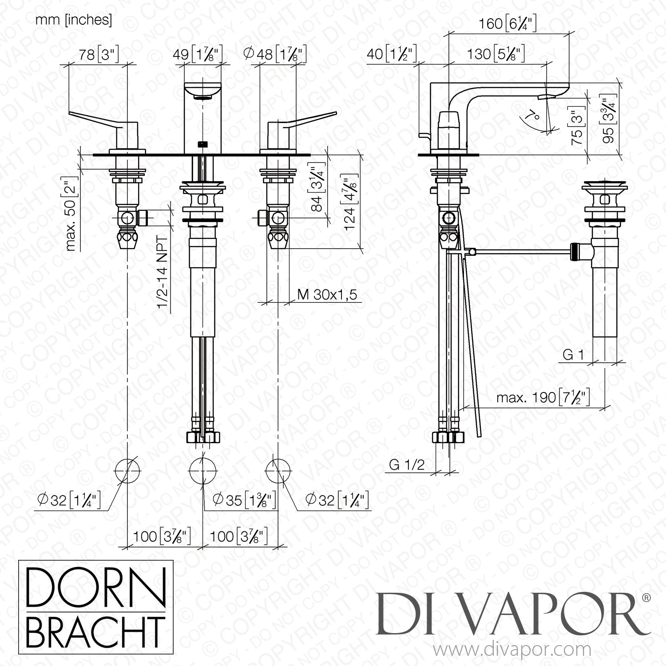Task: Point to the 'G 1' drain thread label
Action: [573, 355]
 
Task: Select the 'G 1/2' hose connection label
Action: [407, 464]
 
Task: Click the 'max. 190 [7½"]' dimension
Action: [543, 397]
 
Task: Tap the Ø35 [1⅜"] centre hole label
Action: [244, 500]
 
